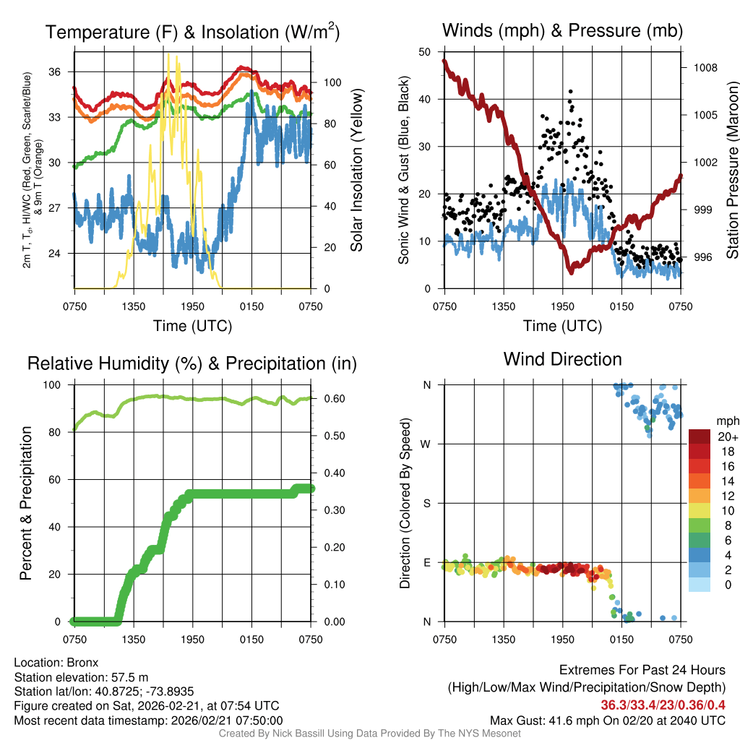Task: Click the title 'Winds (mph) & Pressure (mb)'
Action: [x=562, y=30]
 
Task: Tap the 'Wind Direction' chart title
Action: [x=562, y=359]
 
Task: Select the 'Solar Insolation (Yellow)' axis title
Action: [x=356, y=171]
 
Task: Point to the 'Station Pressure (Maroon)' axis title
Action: [x=731, y=171]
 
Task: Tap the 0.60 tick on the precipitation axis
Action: [x=332, y=399]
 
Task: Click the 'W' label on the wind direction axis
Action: [x=427, y=444]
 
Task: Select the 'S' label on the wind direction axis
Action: [x=428, y=503]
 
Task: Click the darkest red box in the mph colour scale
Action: [x=700, y=436]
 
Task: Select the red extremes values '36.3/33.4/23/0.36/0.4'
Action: [x=663, y=705]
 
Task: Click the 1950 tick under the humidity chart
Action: [x=193, y=639]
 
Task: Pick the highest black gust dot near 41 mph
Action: [x=570, y=92]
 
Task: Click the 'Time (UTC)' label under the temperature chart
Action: [x=193, y=326]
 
